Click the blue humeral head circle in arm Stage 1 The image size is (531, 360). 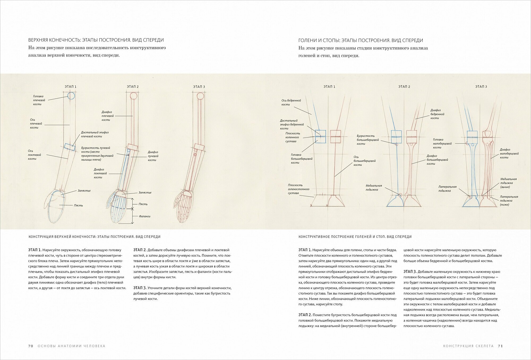[71, 96]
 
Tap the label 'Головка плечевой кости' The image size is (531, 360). [39, 100]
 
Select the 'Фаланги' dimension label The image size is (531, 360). [145, 216]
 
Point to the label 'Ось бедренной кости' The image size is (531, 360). [291, 103]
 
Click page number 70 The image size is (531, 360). [31, 346]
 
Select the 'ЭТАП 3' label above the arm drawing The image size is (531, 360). [199, 87]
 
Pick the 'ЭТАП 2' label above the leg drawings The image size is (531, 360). [404, 87]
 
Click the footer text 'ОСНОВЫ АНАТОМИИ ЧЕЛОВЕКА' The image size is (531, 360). [71, 346]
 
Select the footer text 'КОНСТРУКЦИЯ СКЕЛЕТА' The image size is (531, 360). [468, 346]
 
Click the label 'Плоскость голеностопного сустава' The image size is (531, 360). [298, 189]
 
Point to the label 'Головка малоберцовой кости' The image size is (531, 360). [442, 143]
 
